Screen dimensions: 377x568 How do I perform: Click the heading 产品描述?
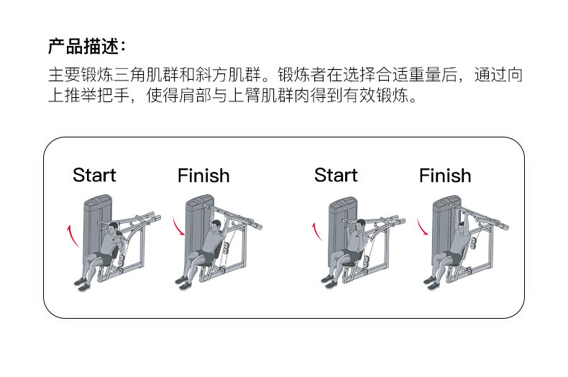coord(86,47)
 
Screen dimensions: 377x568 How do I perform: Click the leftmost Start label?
coord(94,175)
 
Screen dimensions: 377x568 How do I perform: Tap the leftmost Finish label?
coord(203,175)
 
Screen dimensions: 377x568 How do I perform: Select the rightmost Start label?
coord(336,175)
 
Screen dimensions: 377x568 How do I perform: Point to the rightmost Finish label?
coord(445,175)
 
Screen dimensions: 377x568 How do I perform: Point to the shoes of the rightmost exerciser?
coord(431,283)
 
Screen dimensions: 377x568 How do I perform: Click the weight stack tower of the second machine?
coord(195,230)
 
